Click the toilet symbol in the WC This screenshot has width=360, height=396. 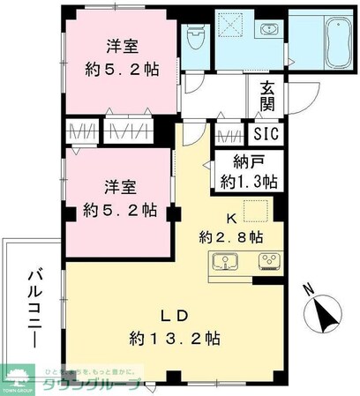(195, 37)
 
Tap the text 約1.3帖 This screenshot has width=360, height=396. (248, 182)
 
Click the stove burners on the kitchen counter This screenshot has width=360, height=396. (267, 262)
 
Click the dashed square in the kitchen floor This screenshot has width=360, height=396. (255, 209)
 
